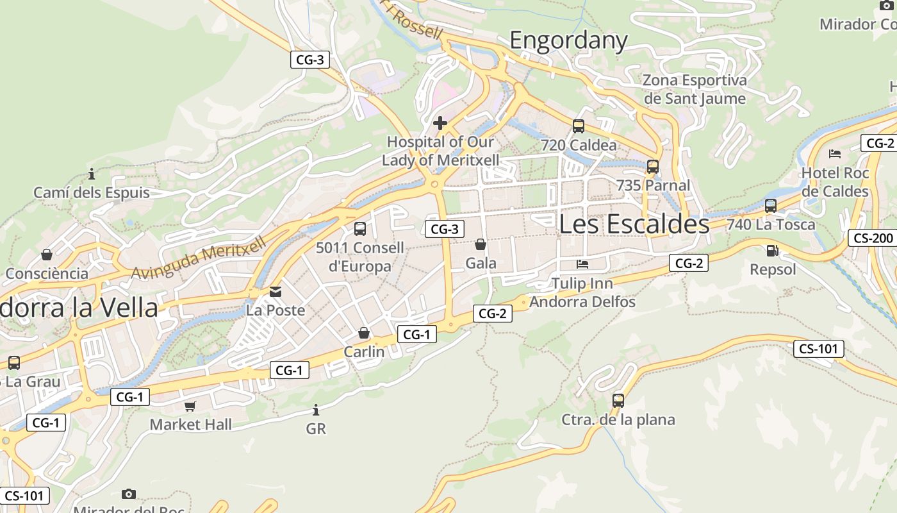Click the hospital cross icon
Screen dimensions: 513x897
(440, 122)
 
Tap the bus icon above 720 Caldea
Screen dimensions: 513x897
(579, 126)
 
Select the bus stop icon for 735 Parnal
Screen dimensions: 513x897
(653, 167)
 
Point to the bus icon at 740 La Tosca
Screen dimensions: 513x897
(771, 206)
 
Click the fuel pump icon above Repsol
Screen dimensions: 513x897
(772, 251)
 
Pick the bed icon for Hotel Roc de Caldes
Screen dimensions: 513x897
(835, 154)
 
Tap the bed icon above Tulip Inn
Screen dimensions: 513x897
(582, 264)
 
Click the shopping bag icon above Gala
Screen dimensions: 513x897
(481, 244)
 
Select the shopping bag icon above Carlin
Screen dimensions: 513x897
(364, 333)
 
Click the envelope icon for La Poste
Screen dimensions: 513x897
(276, 292)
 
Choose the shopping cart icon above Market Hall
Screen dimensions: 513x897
(190, 406)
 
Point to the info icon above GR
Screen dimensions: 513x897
(315, 410)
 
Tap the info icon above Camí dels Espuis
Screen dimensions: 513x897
(92, 174)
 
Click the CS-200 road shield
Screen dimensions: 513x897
(873, 239)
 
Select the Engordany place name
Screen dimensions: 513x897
(568, 40)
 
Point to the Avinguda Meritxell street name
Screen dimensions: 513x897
(199, 258)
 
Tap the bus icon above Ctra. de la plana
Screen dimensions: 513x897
(618, 401)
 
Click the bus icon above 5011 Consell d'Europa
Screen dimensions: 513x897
(360, 229)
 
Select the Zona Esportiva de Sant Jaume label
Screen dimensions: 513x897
(695, 89)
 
